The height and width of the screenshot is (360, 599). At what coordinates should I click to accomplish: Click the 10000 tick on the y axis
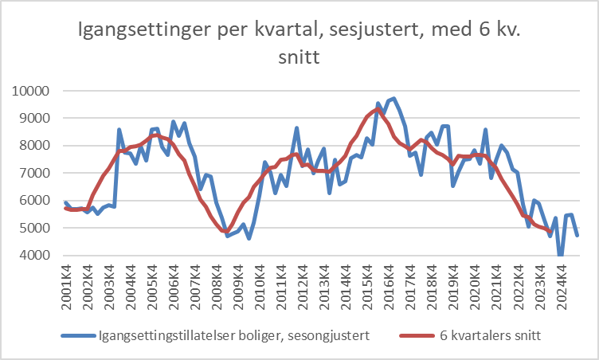click(31, 91)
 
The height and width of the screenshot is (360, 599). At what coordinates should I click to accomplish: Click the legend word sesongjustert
click(327, 336)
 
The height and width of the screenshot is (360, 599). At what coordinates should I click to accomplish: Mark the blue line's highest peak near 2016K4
click(393, 99)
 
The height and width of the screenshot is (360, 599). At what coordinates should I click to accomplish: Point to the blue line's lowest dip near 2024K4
click(561, 255)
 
